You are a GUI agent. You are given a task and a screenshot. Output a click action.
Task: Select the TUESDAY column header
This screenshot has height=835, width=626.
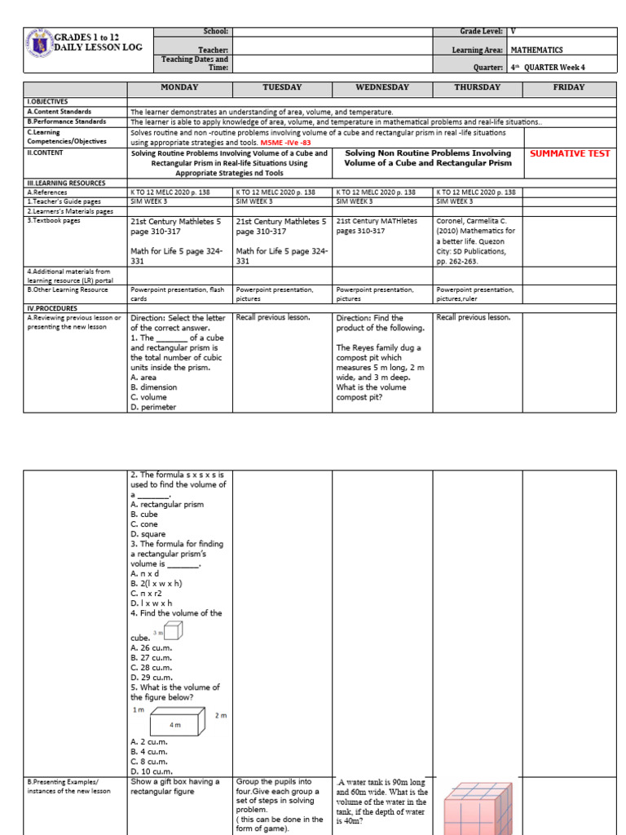[282, 87]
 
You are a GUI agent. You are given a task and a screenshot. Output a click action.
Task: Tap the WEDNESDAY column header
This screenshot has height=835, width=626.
[382, 87]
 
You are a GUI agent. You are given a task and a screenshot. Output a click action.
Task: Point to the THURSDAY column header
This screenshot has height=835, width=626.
[478, 87]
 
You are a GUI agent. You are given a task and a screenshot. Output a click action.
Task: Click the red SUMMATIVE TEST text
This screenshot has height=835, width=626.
[569, 153]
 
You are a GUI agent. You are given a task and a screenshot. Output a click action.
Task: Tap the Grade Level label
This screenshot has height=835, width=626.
[481, 31]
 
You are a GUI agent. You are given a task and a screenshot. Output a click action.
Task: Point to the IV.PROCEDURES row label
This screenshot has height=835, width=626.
[53, 309]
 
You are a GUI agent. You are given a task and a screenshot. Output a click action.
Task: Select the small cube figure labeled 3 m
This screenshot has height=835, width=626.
[173, 630]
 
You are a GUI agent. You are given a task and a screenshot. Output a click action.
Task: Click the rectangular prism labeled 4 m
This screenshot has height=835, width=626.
[174, 722]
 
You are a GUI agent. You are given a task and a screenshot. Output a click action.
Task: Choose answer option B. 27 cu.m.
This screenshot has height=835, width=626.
[152, 656]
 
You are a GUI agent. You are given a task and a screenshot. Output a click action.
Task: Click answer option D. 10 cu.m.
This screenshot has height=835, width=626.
[152, 771]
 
